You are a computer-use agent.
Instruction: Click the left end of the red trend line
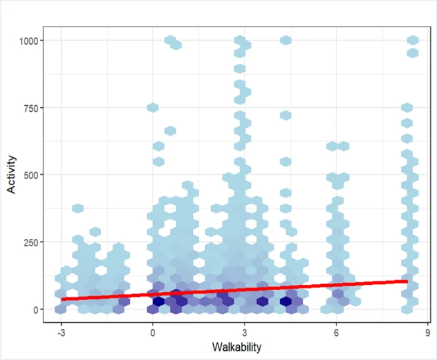click(x=61, y=299)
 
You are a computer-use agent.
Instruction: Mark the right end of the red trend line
click(x=406, y=281)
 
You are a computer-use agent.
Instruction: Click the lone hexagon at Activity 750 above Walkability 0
click(x=153, y=108)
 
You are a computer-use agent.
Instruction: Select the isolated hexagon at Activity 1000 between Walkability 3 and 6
click(x=285, y=41)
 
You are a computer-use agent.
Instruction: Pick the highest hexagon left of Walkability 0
click(x=77, y=208)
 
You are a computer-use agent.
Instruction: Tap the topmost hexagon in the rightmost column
click(x=412, y=41)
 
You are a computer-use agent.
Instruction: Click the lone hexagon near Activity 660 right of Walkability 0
click(x=170, y=130)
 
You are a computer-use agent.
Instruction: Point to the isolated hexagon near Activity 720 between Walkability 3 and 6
click(x=285, y=116)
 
